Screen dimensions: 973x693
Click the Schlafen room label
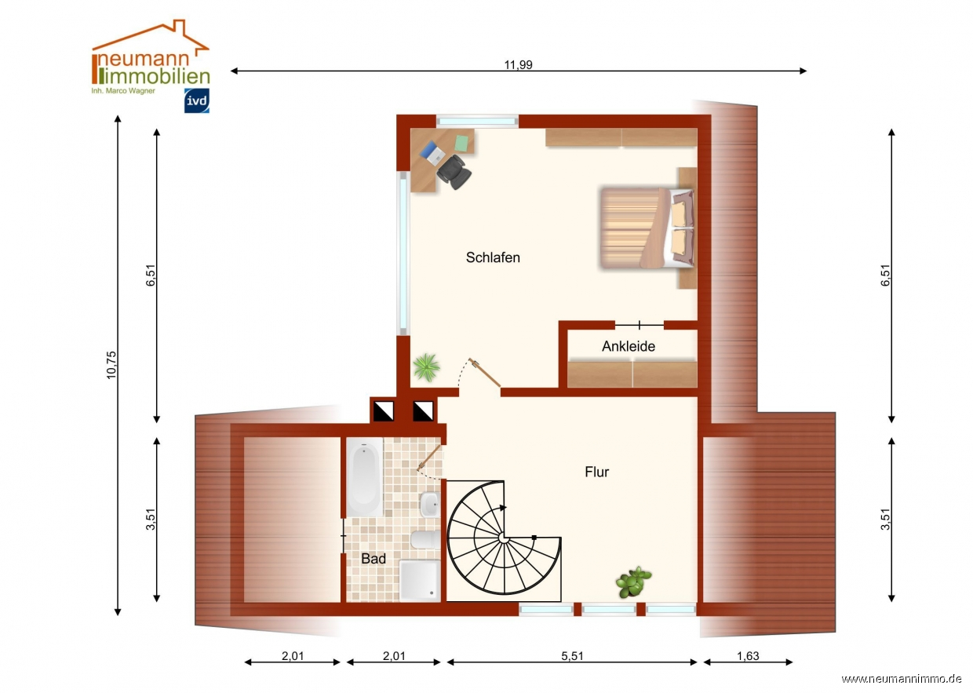(493, 257)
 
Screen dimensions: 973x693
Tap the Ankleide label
(628, 346)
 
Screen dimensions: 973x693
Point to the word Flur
(596, 472)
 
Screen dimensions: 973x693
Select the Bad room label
(374, 558)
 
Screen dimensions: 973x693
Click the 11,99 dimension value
(518, 64)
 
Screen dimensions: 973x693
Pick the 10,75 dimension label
(111, 365)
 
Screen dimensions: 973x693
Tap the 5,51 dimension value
(572, 656)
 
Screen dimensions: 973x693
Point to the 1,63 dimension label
(748, 656)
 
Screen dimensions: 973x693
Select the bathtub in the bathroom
(364, 477)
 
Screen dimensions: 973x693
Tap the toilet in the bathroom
(425, 540)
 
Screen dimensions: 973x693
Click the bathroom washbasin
(430, 505)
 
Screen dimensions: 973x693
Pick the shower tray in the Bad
(420, 581)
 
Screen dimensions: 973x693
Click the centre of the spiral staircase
(504, 538)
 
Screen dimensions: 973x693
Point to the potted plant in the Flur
(633, 582)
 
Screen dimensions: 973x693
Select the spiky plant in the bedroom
(427, 367)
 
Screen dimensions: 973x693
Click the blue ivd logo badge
(197, 100)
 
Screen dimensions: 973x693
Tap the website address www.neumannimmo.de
(901, 679)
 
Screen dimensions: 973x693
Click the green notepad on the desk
(461, 143)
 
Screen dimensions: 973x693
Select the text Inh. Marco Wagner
(123, 91)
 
